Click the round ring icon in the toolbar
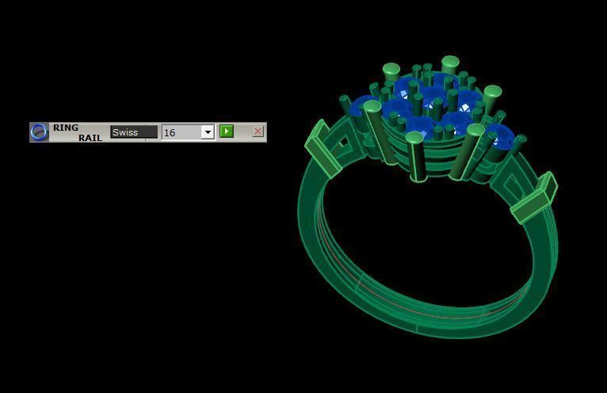pos(39,132)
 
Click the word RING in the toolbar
pos(66,128)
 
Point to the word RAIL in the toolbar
pos(90,138)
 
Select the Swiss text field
pos(133,132)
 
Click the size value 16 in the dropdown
pos(181,132)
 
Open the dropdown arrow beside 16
pos(208,132)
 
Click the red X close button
pos(258,132)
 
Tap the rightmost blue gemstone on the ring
pos(498,135)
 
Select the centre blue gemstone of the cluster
pos(432,99)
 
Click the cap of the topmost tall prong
pos(450,61)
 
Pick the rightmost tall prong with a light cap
pos(492,92)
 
